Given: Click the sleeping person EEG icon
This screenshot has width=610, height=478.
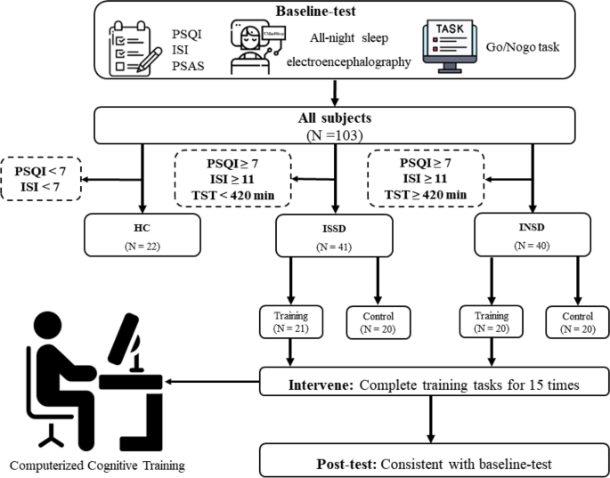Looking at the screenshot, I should tap(256, 52).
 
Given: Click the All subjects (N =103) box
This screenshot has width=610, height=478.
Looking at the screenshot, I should tap(335, 124).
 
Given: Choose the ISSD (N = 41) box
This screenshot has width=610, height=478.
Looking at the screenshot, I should tap(335, 238).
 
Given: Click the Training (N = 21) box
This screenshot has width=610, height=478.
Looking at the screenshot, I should tap(288, 322).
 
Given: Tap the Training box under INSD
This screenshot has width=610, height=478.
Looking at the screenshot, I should tap(491, 322).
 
